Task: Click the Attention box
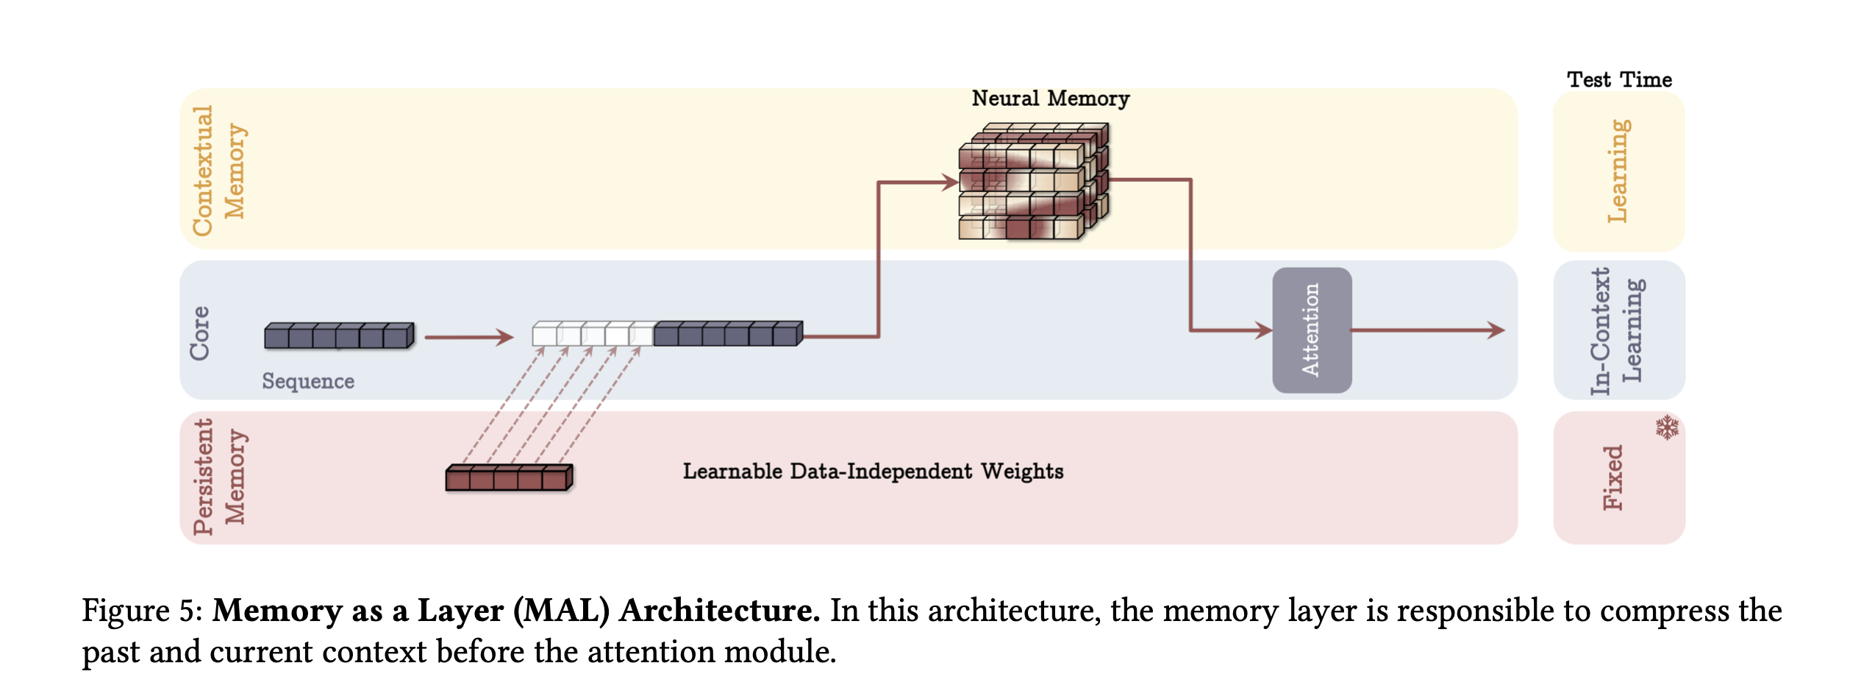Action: coord(1311,330)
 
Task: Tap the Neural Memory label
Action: coord(1050,99)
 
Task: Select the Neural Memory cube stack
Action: coord(1034,181)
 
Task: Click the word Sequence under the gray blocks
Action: coord(308,381)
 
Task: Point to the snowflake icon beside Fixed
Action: coord(1667,427)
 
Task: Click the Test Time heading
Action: coord(1619,79)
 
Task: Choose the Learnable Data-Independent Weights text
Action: coord(873,472)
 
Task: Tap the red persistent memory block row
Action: coord(509,478)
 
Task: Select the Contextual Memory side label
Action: coord(218,171)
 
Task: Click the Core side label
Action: coord(200,333)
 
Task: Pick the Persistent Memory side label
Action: coord(218,477)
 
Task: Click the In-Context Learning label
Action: coord(1618,330)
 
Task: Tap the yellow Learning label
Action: coord(1618,171)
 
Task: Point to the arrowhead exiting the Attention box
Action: coord(1496,330)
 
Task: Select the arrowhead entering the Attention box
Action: coord(1264,330)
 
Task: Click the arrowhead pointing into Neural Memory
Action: coord(950,182)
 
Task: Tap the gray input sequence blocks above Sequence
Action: coord(339,336)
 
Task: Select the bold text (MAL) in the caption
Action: coord(561,611)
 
